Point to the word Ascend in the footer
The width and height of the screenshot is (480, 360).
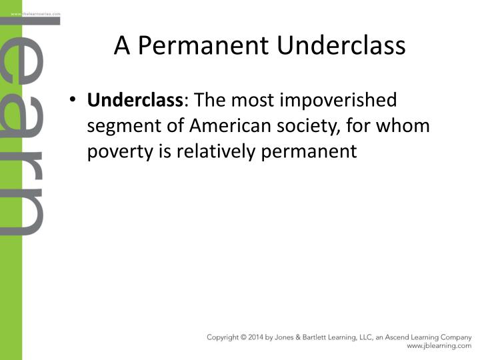click(400, 337)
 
